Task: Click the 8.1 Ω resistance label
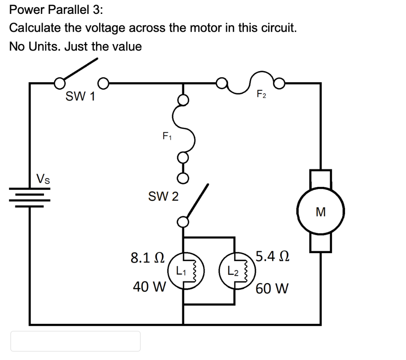(x=147, y=258)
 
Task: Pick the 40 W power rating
(x=149, y=287)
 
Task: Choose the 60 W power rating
(x=272, y=288)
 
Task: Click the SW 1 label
(x=80, y=96)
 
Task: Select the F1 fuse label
(x=167, y=137)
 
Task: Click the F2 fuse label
(x=261, y=94)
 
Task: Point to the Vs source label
(x=43, y=178)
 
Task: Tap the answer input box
(x=75, y=341)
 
